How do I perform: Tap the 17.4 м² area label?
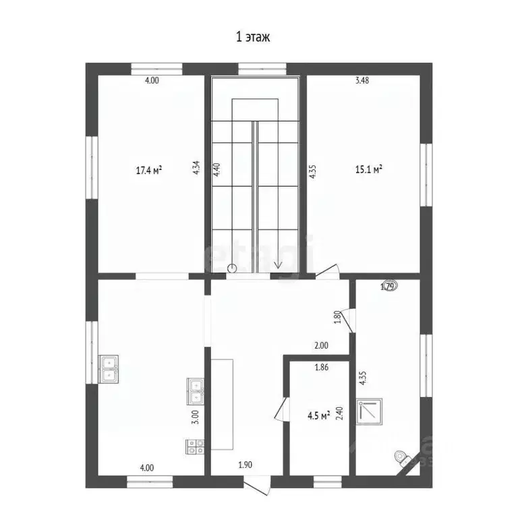[150, 170]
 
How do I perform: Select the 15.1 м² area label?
[369, 170]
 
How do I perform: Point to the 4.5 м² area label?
[316, 415]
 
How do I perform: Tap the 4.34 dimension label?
[196, 167]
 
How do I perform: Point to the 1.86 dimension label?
[322, 368]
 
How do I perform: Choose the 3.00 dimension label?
[195, 416]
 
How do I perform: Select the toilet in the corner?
[402, 458]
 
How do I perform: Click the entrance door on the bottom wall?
[257, 483]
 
